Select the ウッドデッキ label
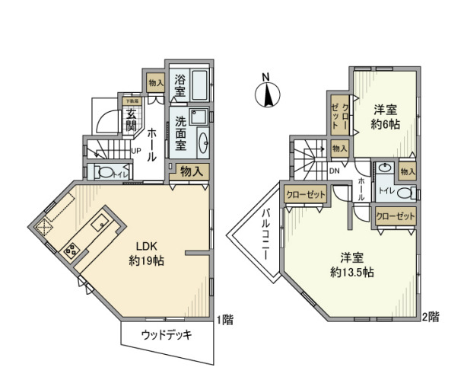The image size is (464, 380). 167,334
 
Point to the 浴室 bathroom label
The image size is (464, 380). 180,85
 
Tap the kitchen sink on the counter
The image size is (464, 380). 101,223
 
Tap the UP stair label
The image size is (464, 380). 135,150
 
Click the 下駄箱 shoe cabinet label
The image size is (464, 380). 131,100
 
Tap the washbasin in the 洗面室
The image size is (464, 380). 204,142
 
